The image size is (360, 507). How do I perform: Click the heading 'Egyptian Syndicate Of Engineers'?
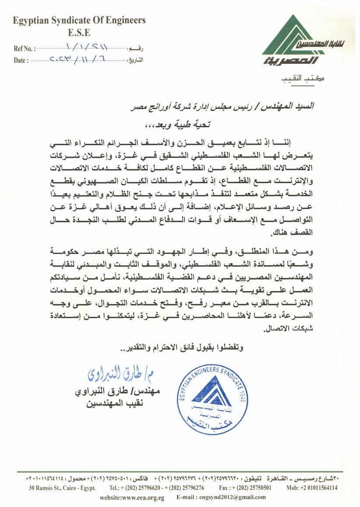[79, 20]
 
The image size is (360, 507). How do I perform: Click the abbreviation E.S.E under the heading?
[79, 32]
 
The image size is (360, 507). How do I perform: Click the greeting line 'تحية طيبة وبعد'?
[178, 125]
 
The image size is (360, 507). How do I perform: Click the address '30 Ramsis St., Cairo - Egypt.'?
[62, 487]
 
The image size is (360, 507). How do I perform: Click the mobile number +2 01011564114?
[312, 487]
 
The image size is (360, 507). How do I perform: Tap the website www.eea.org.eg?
[132, 497]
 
